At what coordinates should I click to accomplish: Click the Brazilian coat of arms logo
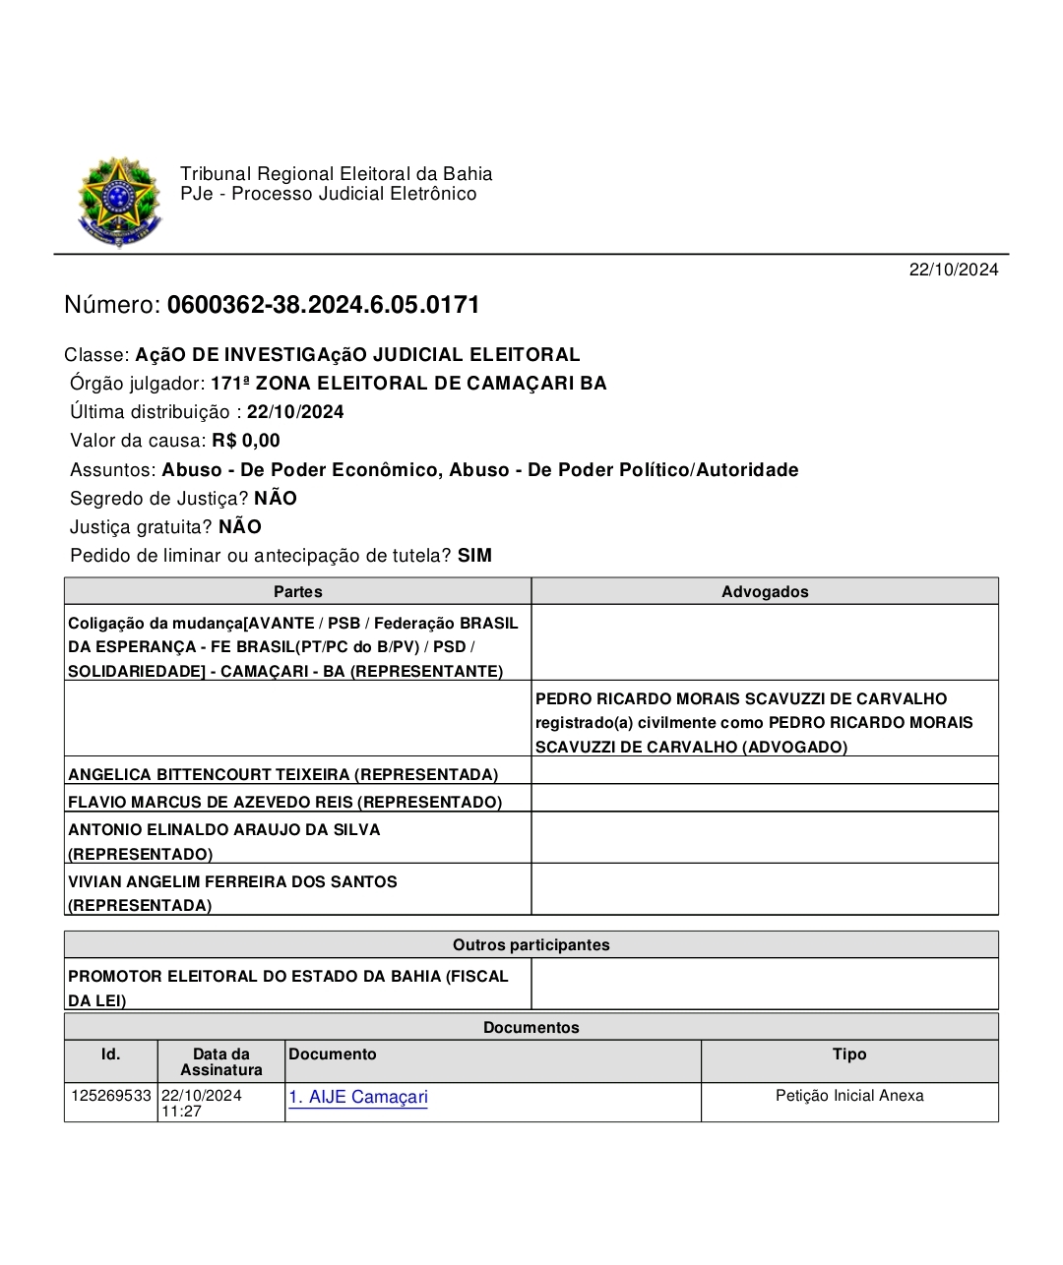point(119,203)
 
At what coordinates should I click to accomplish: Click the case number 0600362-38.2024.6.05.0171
point(323,305)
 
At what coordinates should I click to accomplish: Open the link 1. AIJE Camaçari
point(358,1097)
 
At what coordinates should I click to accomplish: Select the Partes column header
point(297,591)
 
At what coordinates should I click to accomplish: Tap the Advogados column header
point(765,591)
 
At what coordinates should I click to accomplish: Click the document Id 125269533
point(111,1095)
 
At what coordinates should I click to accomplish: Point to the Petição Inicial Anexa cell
point(849,1095)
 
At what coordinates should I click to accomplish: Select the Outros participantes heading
point(531,944)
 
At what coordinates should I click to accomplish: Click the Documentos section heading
point(531,1027)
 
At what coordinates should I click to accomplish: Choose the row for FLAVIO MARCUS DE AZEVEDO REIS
point(284,802)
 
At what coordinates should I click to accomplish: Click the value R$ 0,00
point(246,441)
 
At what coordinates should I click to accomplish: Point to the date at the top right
point(953,270)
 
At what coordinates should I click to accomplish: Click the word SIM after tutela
point(474,556)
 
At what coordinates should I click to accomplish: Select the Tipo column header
point(849,1054)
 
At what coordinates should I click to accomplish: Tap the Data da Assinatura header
point(221,1061)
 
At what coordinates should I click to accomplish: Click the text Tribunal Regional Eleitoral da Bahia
point(336,174)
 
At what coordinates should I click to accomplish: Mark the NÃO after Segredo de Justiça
point(276,499)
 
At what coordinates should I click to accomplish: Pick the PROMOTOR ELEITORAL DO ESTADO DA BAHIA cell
point(287,988)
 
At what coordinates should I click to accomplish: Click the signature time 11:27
point(181,1112)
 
